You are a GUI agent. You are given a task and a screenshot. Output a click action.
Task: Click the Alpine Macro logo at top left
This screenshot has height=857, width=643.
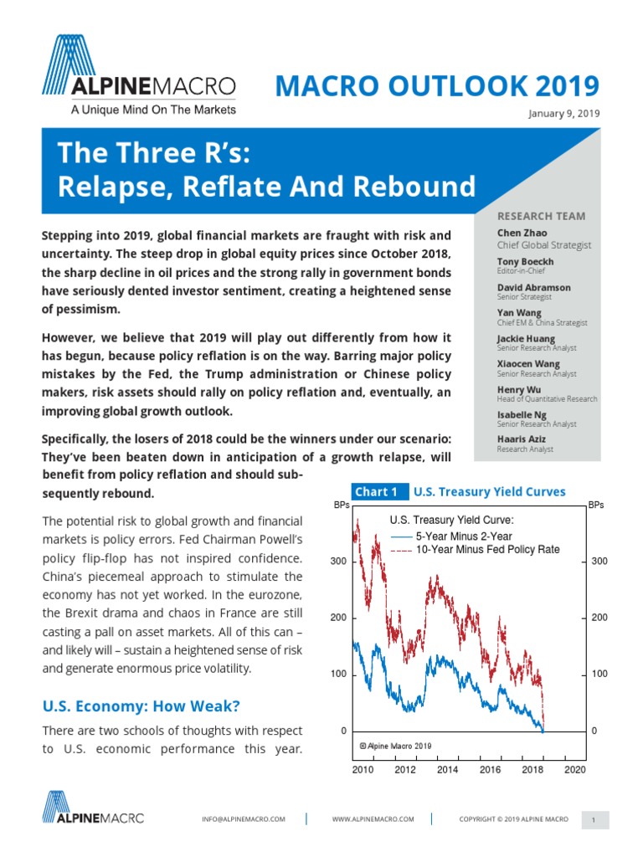[139, 74]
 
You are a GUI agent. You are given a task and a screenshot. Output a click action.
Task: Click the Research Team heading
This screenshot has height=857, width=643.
[542, 216]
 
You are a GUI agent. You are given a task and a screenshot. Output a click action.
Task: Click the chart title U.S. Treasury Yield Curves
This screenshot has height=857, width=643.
[490, 492]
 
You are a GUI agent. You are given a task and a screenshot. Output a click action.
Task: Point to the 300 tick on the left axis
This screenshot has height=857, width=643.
[337, 561]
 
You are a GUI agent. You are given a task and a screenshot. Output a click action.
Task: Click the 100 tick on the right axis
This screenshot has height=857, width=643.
[599, 674]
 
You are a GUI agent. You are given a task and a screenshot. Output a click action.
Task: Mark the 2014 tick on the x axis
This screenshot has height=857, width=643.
[447, 769]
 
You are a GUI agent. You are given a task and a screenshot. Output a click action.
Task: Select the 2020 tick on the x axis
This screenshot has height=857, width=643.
[574, 769]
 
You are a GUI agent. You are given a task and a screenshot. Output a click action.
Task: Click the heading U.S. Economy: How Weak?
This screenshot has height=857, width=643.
[141, 706]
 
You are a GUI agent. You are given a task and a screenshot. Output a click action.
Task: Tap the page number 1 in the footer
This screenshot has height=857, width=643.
[593, 821]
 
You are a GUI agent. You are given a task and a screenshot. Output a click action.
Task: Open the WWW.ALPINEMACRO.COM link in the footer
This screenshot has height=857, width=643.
[373, 819]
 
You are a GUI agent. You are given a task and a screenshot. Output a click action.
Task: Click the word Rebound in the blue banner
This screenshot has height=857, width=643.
[420, 186]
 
